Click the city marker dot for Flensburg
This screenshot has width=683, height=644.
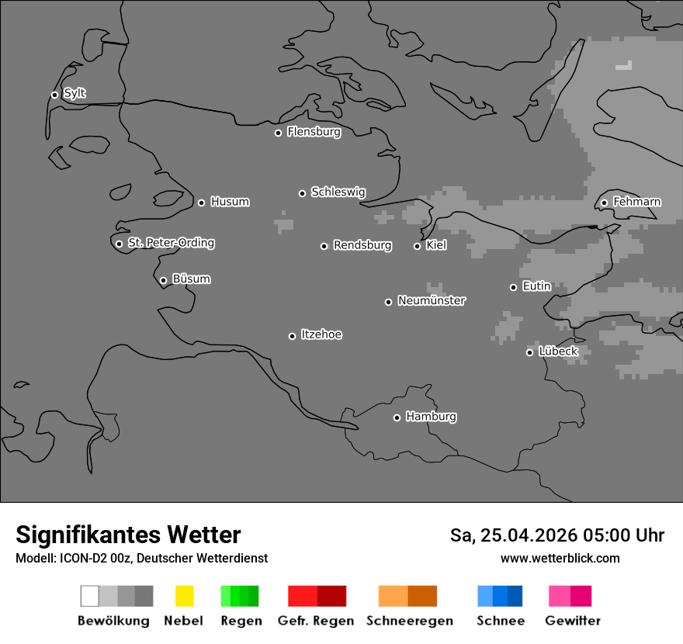tap(278, 133)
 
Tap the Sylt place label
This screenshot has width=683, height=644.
tap(75, 93)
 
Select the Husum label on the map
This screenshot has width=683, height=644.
tap(230, 202)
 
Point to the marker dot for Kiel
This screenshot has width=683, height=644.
tap(417, 246)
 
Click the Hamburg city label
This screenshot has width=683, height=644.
tap(431, 417)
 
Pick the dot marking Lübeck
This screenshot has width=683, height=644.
tap(529, 352)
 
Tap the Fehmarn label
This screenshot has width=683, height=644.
tap(636, 202)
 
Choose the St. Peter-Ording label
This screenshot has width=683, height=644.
tap(171, 243)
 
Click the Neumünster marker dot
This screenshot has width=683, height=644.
tap(388, 302)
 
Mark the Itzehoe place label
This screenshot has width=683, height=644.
tap(321, 334)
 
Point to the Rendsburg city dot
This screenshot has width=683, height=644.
tap(324, 246)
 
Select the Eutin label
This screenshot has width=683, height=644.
tap(536, 286)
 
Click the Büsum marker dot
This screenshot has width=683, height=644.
tap(163, 280)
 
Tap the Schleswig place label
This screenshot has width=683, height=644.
tap(338, 192)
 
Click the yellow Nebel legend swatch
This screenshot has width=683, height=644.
tap(184, 596)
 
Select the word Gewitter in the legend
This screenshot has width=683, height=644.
tap(572, 621)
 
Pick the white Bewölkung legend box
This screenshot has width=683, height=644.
tap(90, 596)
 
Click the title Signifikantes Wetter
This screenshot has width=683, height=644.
tap(128, 535)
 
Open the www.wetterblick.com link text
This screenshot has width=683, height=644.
tap(560, 558)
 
